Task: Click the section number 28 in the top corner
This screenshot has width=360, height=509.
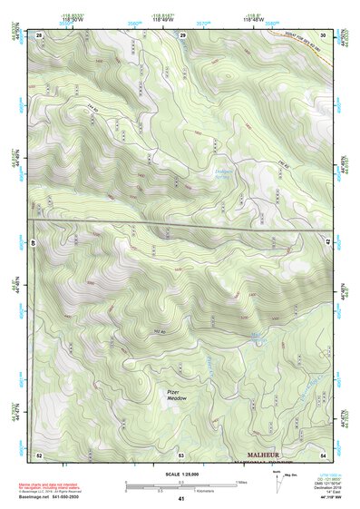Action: tap(39, 34)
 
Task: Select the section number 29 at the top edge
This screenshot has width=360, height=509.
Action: tap(182, 34)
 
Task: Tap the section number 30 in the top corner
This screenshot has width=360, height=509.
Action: tap(324, 34)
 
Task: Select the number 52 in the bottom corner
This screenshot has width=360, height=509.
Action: tap(39, 453)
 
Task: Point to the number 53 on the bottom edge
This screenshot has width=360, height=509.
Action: tap(181, 453)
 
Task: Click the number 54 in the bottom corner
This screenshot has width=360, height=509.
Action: tap(324, 453)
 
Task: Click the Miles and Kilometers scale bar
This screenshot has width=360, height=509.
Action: tap(180, 485)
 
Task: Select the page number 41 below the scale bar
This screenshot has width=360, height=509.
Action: tap(181, 499)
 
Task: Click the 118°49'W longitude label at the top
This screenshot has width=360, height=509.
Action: tap(126, 19)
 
